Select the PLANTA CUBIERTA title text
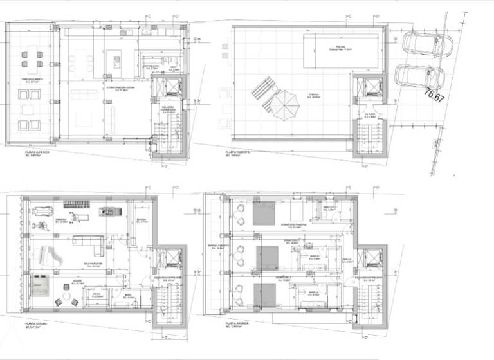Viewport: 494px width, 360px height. click(237, 151)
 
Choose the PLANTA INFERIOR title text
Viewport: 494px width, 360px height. click(237, 324)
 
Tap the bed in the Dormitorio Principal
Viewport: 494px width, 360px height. click(264, 212)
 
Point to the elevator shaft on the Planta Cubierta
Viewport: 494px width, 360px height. click(369, 87)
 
